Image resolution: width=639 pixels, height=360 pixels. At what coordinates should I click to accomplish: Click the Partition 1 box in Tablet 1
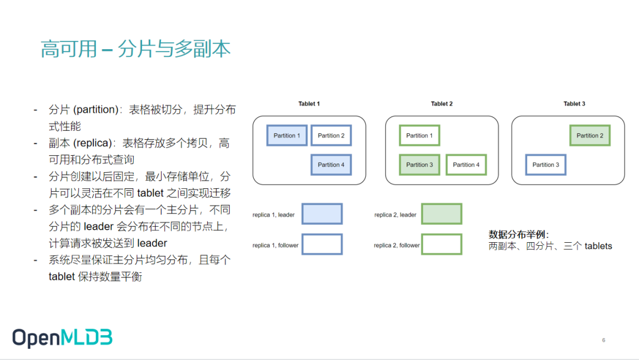click(x=287, y=136)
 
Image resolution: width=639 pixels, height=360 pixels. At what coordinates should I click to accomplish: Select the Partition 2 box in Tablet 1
click(x=331, y=136)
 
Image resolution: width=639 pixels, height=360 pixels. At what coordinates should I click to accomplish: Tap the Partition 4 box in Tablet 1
click(x=331, y=165)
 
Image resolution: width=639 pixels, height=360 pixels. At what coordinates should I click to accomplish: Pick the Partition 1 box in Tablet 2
click(x=419, y=136)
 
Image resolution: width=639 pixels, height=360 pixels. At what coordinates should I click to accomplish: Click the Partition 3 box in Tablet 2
click(x=419, y=165)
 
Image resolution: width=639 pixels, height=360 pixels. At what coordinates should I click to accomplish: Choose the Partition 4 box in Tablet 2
click(x=466, y=165)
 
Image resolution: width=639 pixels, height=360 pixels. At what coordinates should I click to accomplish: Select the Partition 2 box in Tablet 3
click(x=590, y=136)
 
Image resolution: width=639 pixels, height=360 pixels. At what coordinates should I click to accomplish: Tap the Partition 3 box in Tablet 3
click(x=546, y=165)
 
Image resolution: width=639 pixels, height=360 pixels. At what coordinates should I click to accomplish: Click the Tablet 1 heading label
click(x=309, y=104)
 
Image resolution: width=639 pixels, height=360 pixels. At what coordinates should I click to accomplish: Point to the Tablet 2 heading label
click(x=441, y=104)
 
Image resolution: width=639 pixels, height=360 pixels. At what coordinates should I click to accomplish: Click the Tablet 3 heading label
click(x=574, y=104)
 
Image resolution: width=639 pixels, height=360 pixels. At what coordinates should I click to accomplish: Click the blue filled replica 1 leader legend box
click(x=322, y=214)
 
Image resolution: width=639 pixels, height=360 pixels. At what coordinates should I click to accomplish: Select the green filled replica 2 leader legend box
click(x=441, y=214)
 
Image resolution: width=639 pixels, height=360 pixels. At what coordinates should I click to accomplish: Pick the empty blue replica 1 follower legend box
click(x=322, y=245)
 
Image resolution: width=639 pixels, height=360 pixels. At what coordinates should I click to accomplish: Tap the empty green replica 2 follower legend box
click(x=441, y=245)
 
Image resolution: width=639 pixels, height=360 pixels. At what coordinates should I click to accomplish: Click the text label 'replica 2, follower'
click(x=396, y=245)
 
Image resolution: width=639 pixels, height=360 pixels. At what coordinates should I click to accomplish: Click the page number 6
click(x=603, y=340)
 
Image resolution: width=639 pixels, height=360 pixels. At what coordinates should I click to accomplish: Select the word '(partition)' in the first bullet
click(x=95, y=110)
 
